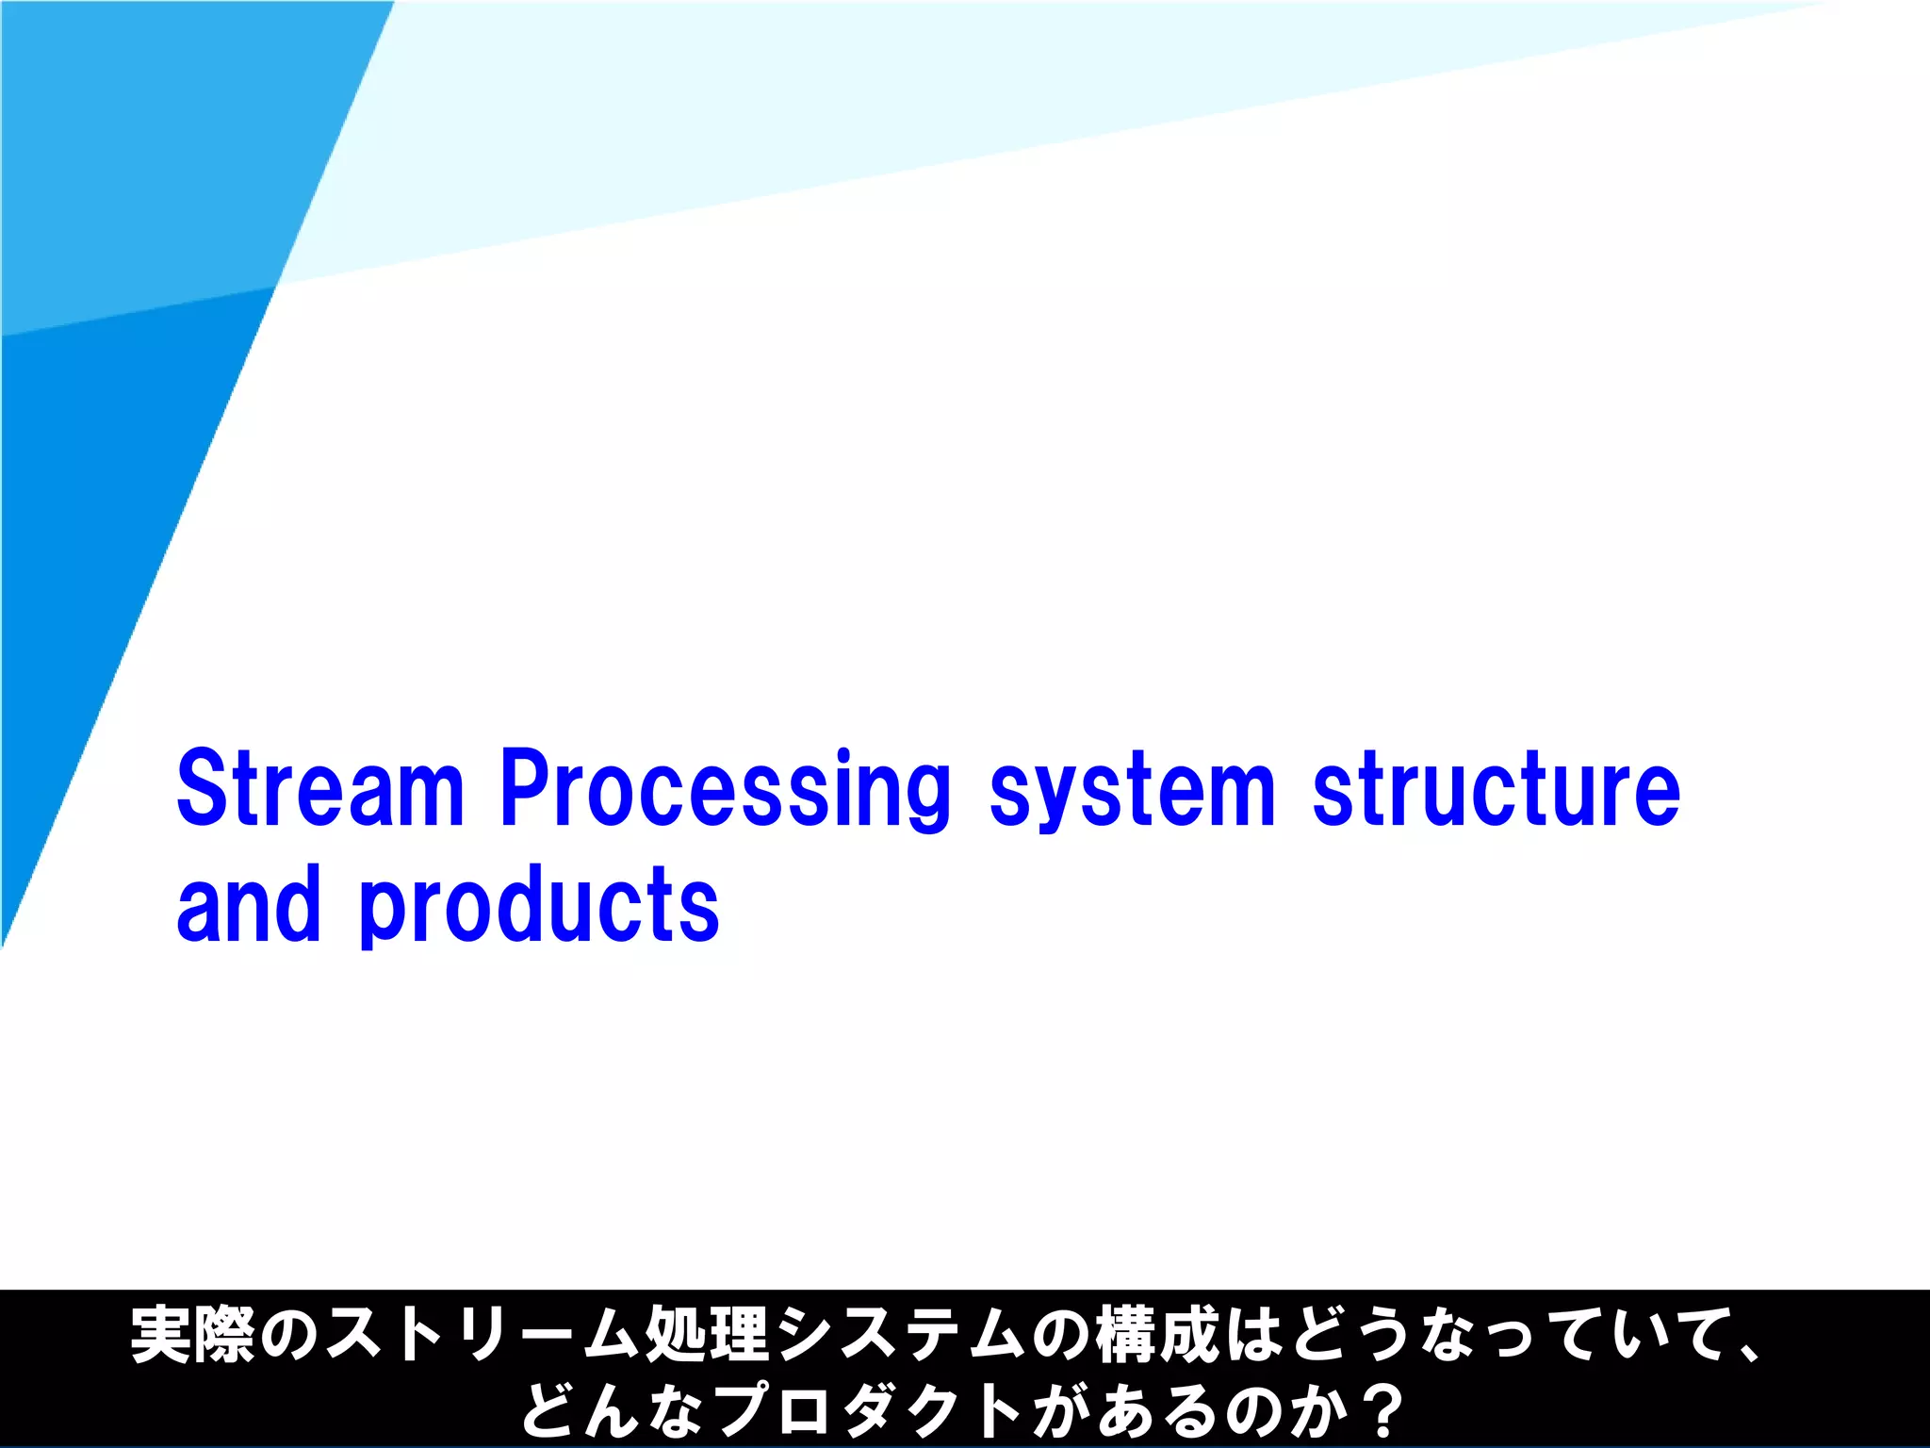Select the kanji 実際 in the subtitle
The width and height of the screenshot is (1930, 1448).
(x=192, y=1335)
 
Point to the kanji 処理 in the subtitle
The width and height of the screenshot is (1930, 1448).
(x=707, y=1335)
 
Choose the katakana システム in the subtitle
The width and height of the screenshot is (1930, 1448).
(x=900, y=1335)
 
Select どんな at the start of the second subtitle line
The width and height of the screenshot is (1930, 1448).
(x=613, y=1410)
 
